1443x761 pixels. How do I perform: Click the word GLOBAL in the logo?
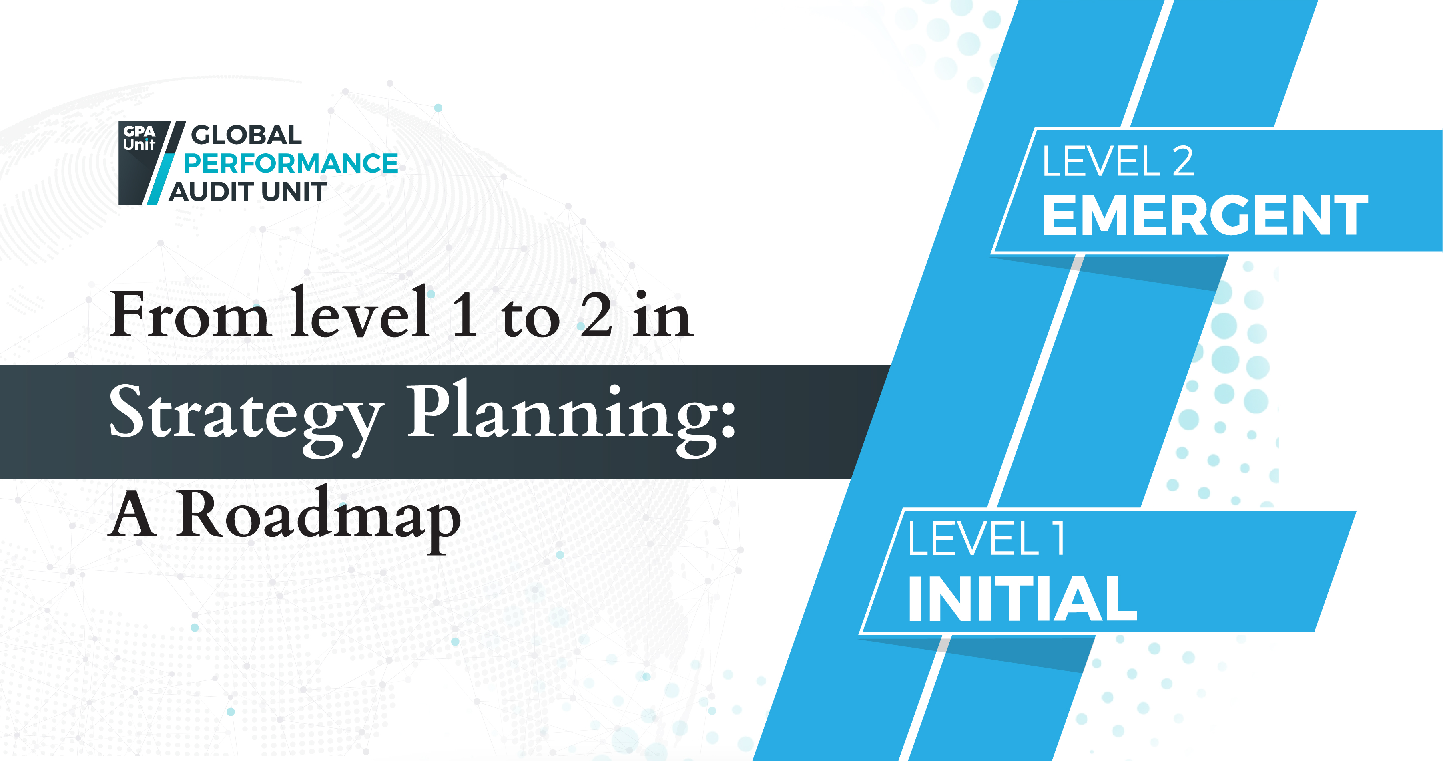(x=247, y=135)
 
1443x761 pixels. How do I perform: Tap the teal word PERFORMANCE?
(x=291, y=164)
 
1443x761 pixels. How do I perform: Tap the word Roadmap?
(x=318, y=519)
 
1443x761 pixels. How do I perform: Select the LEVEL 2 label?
(x=1118, y=161)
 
